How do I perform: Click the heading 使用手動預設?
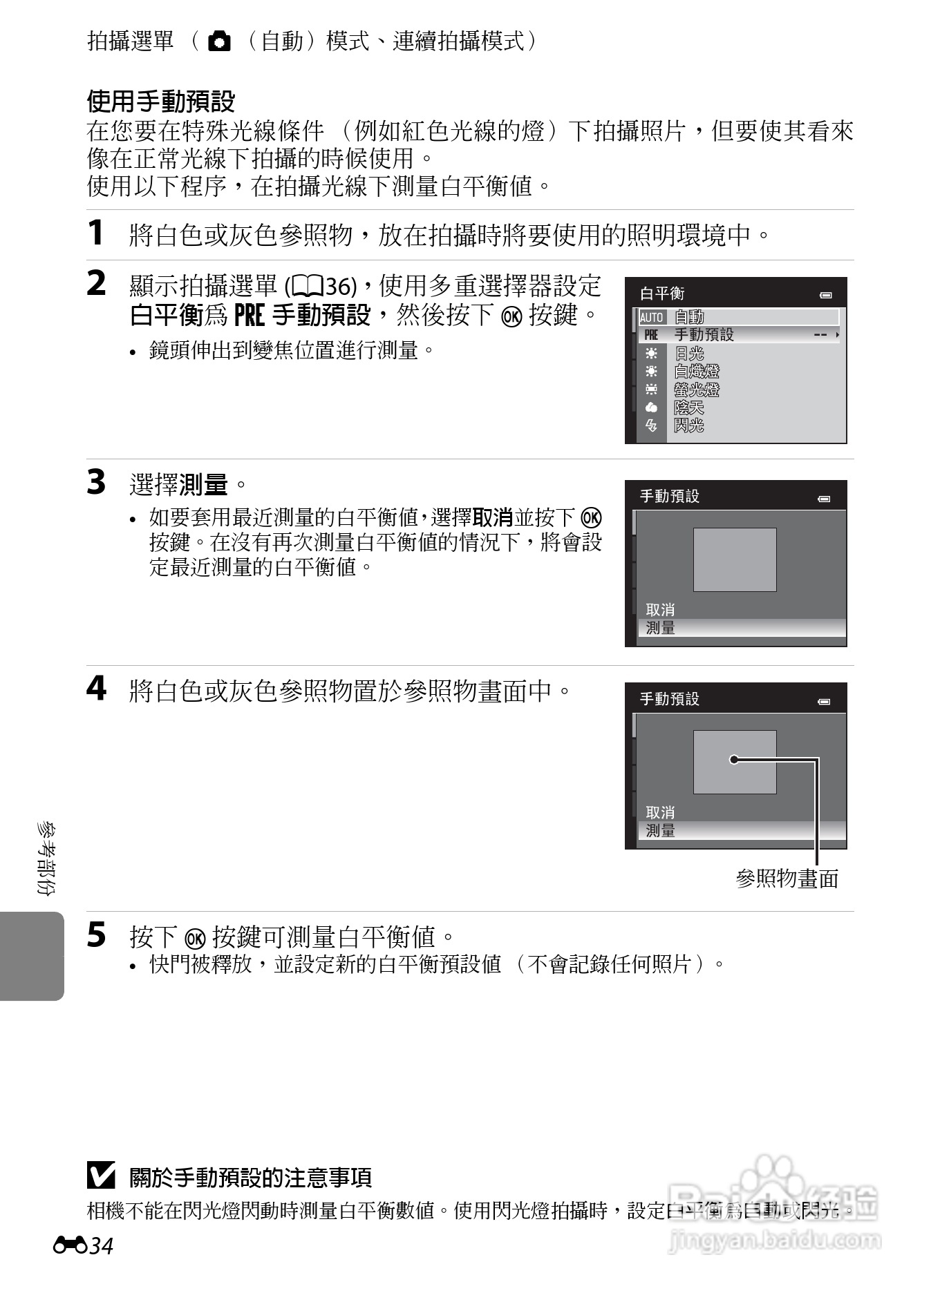[161, 102]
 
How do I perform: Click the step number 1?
[96, 233]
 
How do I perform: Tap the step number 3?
[97, 482]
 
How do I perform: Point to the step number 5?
[97, 935]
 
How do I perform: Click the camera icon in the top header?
[219, 42]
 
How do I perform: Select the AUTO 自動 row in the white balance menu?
[737, 317]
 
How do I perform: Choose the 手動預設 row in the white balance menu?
[737, 335]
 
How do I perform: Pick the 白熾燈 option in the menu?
[697, 372]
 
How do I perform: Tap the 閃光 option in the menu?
[689, 425]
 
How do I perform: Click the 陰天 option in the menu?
[689, 408]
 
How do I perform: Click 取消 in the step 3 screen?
[660, 610]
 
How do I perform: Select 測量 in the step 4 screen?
[660, 831]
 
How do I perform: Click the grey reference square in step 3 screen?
[735, 559]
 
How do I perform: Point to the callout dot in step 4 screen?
[734, 760]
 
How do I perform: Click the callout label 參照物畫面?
[787, 879]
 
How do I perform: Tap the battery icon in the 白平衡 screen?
[826, 296]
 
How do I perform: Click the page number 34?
[101, 1246]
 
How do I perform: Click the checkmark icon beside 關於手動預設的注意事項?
[101, 1176]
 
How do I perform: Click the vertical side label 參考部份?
[47, 859]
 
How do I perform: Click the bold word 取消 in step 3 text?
[492, 517]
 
